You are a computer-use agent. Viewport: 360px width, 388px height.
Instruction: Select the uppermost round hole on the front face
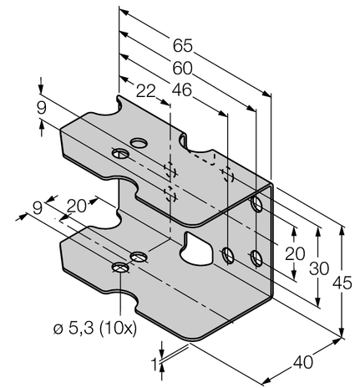click(257, 205)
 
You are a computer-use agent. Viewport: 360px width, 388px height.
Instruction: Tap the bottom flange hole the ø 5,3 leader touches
click(122, 268)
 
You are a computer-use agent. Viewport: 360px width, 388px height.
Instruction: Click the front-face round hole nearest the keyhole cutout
click(227, 253)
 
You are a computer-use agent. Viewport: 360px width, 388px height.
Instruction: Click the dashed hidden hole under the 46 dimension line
click(226, 173)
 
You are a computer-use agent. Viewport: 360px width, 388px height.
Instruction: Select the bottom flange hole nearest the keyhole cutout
click(138, 254)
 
